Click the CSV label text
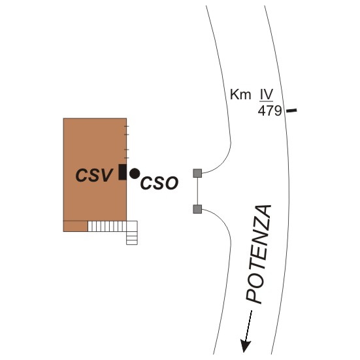(94, 175)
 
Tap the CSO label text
(159, 183)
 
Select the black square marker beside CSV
(122, 172)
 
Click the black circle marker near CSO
(135, 174)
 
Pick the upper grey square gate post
(197, 173)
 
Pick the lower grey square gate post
(197, 209)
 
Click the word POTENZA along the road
(259, 254)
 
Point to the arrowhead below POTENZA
(245, 346)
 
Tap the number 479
(270, 111)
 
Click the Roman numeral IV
(267, 94)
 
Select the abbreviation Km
(240, 94)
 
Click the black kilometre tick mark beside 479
(291, 110)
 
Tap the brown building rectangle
(95, 169)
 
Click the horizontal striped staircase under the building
(107, 226)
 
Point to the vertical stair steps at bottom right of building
(132, 238)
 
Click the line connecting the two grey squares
(197, 191)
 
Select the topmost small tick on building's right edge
(127, 126)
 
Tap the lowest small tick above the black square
(127, 157)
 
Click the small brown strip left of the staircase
(76, 226)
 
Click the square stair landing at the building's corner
(132, 226)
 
